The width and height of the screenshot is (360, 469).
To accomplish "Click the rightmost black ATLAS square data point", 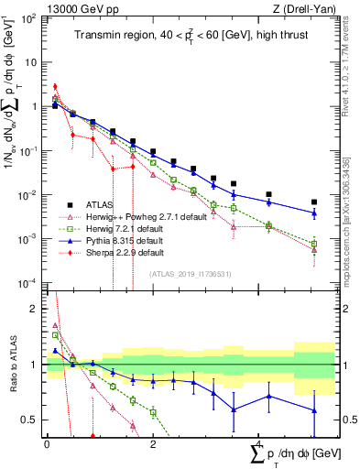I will [314, 202].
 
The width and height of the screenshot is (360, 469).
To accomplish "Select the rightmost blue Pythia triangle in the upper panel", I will [314, 213].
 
